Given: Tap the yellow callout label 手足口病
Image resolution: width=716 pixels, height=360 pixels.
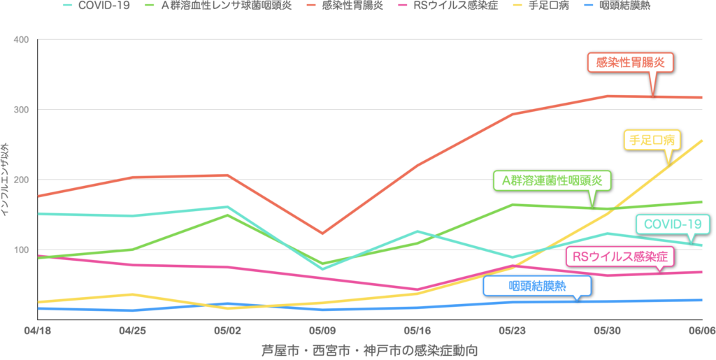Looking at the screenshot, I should click(x=651, y=140).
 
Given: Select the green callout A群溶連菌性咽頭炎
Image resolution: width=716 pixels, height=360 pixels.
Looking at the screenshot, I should click(x=552, y=180).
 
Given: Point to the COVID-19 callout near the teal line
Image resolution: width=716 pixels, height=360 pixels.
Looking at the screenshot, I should click(x=672, y=224).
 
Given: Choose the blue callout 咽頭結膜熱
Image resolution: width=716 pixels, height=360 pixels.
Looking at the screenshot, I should click(x=537, y=285).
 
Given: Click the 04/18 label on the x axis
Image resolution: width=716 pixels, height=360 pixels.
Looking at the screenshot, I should click(x=33, y=329).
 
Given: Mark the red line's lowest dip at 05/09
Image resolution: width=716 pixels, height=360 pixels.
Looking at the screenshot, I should click(x=322, y=233).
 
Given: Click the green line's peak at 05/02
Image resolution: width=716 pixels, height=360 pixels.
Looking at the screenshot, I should click(x=227, y=215).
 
